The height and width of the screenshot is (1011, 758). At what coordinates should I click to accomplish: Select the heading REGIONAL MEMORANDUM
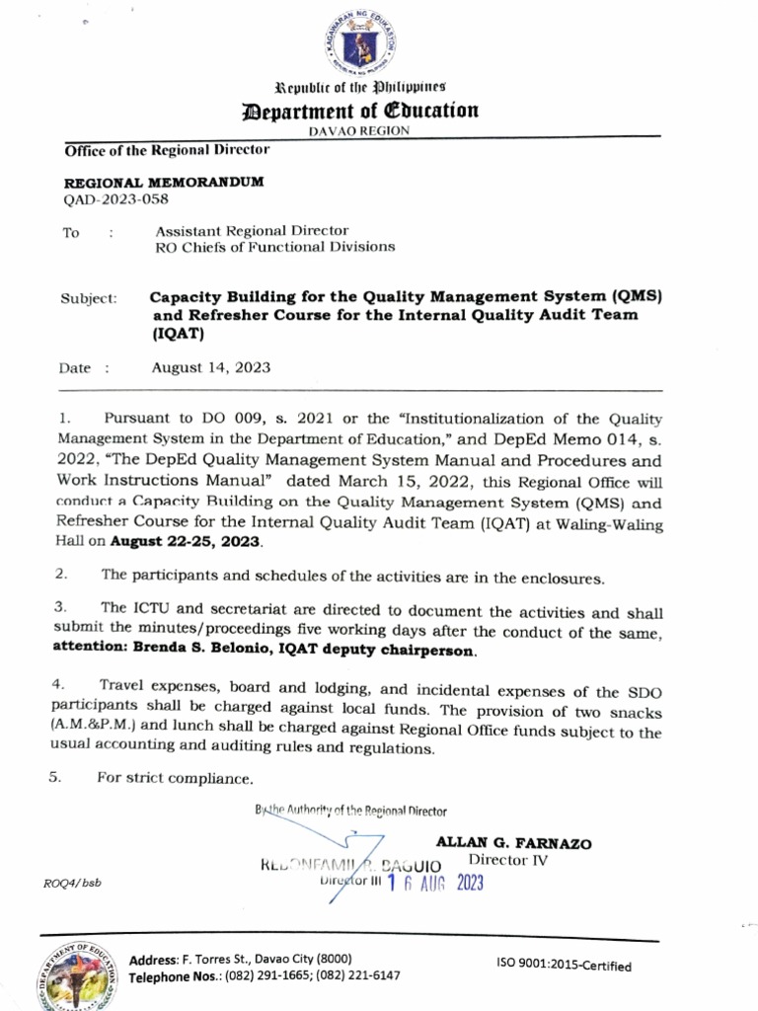tap(164, 183)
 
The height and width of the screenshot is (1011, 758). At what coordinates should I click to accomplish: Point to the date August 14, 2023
tap(210, 367)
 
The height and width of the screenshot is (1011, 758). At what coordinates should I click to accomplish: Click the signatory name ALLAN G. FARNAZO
tap(513, 843)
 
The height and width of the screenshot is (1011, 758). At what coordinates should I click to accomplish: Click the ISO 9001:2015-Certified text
tap(564, 966)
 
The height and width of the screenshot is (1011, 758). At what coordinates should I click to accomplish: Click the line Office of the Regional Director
tap(167, 150)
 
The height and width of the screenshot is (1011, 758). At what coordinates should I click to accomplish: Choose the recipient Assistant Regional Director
tap(252, 231)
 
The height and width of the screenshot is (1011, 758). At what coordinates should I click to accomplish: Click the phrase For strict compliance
tap(175, 778)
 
